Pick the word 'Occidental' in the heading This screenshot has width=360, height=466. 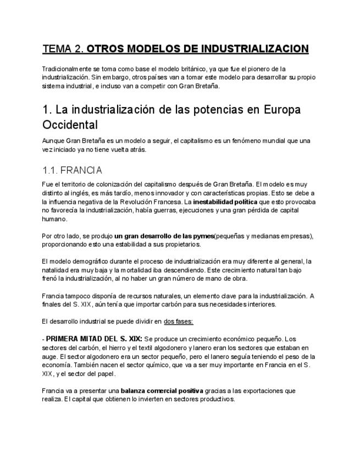tap(70, 124)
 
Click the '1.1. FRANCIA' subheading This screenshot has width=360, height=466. tap(72, 170)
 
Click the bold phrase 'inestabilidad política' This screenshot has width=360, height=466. tap(226, 202)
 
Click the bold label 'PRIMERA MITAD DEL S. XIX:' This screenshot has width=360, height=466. tap(95, 339)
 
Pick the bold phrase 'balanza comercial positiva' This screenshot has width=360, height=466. tap(162, 391)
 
